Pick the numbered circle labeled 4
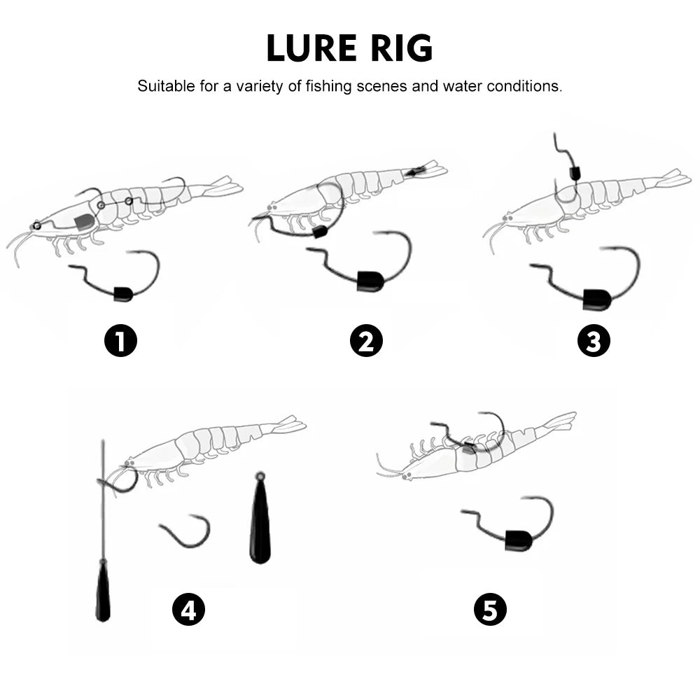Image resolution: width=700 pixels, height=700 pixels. (188, 610)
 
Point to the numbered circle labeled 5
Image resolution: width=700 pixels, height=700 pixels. (490, 610)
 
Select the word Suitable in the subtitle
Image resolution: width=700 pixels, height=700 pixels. (162, 87)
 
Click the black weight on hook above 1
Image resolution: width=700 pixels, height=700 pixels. (122, 293)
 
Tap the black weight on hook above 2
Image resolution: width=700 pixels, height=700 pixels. (369, 281)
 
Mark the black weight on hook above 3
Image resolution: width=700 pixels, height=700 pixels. (597, 299)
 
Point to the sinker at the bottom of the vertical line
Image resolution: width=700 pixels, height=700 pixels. (103, 591)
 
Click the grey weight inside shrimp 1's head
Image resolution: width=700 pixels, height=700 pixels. (84, 223)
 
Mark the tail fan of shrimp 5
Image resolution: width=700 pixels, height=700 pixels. (560, 421)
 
